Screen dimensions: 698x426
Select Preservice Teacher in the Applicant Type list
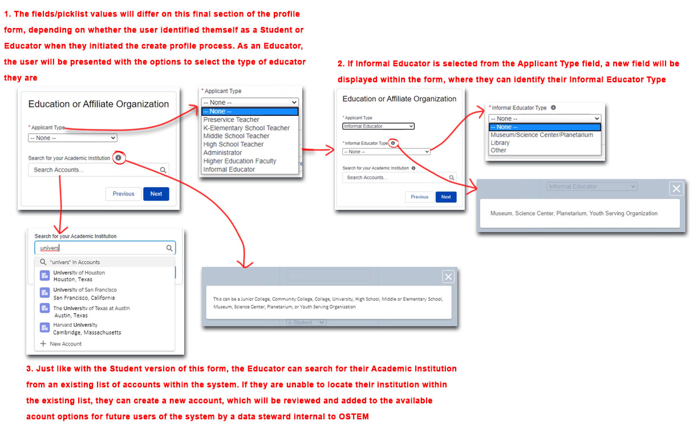pyautogui.click(x=231, y=120)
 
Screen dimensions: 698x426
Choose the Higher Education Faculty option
pyautogui.click(x=240, y=161)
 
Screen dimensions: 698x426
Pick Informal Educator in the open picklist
pyautogui.click(x=229, y=169)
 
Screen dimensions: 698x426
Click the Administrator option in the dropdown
pyautogui.click(x=222, y=153)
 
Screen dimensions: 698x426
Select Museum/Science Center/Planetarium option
pyautogui.click(x=542, y=135)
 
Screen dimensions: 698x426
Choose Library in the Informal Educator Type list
pyautogui.click(x=500, y=143)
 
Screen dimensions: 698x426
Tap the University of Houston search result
pyautogui.click(x=79, y=276)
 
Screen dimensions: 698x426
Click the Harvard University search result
pyautogui.click(x=80, y=328)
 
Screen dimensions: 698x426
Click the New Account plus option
pyautogui.click(x=61, y=344)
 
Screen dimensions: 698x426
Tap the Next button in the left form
pyautogui.click(x=156, y=194)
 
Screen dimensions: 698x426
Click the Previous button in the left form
pyautogui.click(x=123, y=194)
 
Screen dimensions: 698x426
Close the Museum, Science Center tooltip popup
pyautogui.click(x=676, y=189)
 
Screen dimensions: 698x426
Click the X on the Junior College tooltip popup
pyautogui.click(x=448, y=277)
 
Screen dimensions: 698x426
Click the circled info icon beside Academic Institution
pyautogui.click(x=119, y=158)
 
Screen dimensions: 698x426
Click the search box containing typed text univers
pyautogui.click(x=105, y=248)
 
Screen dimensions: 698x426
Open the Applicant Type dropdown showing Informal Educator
pyautogui.click(x=378, y=126)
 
